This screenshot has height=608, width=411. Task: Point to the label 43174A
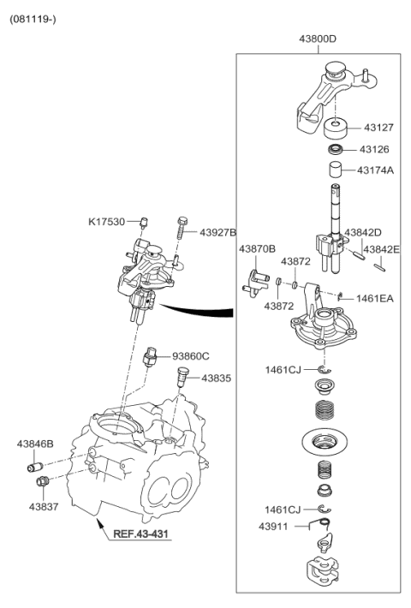click(376, 170)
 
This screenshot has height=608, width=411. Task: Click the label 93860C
click(190, 355)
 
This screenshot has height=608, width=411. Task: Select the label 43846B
click(35, 444)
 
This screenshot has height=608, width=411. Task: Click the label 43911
click(276, 526)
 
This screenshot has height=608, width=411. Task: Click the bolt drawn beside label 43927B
click(182, 227)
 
